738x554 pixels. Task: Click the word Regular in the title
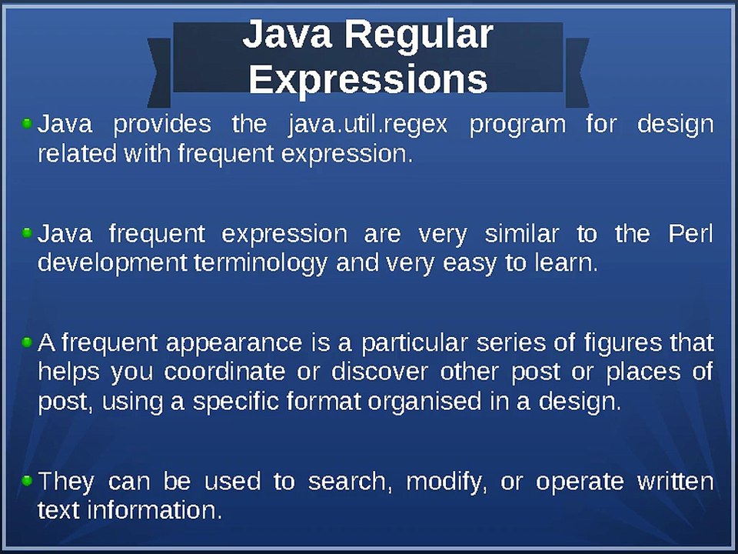tap(418, 36)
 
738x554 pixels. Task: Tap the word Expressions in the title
tap(368, 78)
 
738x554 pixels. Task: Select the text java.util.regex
tap(367, 125)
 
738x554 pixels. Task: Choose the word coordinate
tap(236, 372)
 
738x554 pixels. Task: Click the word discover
tap(380, 372)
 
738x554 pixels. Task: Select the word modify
tap(447, 482)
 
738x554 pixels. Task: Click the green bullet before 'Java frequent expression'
tap(27, 232)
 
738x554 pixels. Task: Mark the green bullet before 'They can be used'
tap(27, 480)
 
